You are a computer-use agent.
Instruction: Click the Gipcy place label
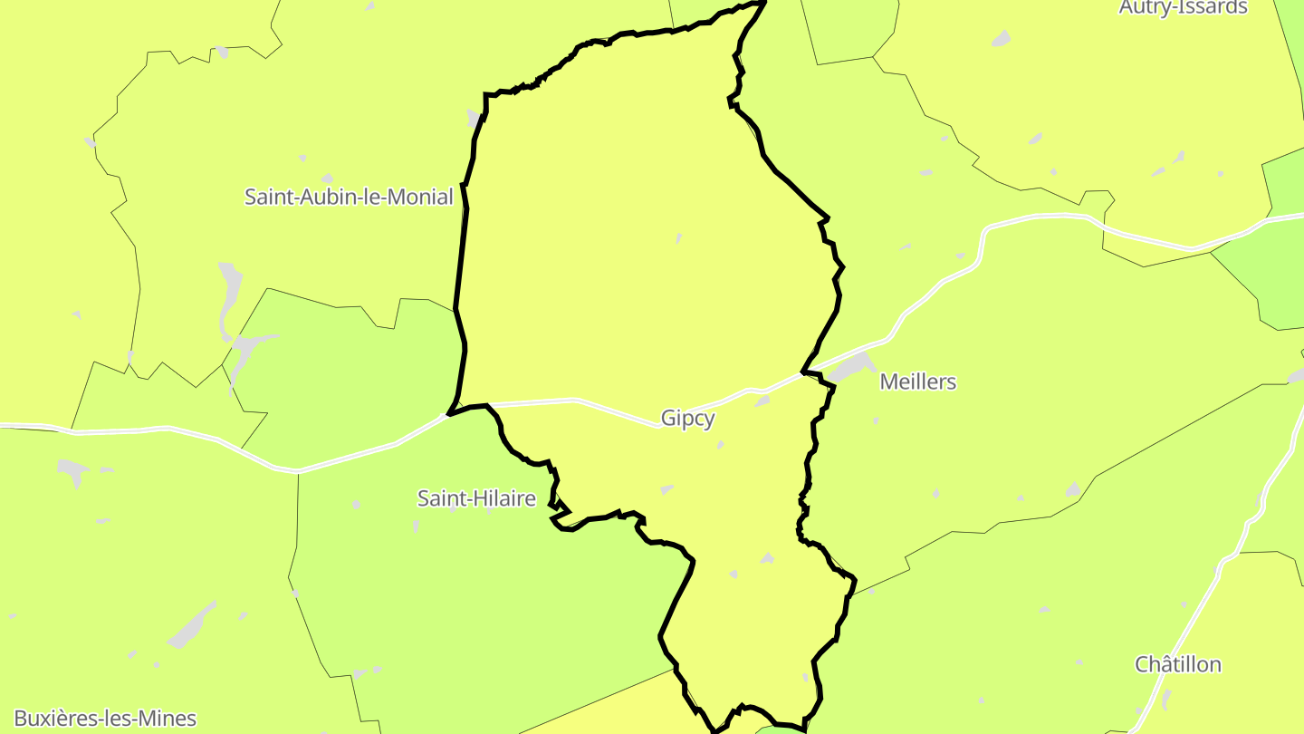point(687,419)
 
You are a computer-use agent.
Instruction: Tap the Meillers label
point(917,382)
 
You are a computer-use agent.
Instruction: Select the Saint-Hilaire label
point(476,498)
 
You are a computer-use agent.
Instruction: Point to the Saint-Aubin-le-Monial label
point(349,197)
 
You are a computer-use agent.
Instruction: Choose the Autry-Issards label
point(1183,8)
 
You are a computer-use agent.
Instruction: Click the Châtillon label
point(1177,665)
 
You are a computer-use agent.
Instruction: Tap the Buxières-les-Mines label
point(105,720)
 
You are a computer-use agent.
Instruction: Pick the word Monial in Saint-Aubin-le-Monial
point(419,197)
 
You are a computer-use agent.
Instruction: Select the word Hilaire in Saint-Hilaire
point(503,498)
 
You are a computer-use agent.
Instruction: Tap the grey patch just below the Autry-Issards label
point(1001,39)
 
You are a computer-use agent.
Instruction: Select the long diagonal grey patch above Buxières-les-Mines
point(192,625)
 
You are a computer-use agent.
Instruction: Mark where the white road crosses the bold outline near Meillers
point(803,372)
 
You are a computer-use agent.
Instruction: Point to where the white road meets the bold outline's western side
point(448,415)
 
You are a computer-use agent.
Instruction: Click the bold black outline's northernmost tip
point(763,3)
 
